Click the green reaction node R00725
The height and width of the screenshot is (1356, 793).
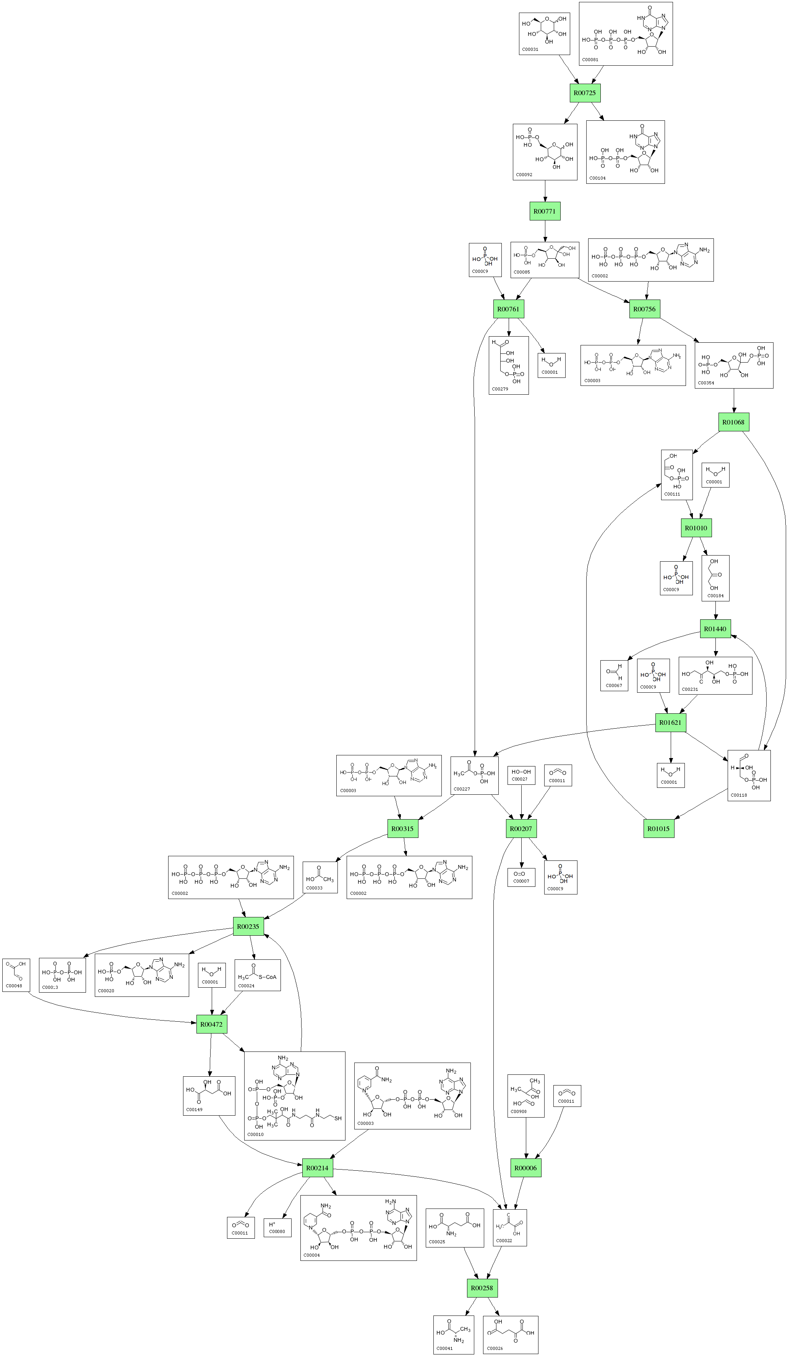point(585,93)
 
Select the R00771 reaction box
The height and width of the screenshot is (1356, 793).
point(545,211)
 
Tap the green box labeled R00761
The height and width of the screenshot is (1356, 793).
point(508,309)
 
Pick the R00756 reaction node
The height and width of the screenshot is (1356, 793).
point(644,309)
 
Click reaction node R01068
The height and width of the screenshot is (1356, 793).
point(733,423)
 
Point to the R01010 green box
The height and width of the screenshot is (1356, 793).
point(696,528)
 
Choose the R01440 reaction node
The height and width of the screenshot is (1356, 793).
point(715,629)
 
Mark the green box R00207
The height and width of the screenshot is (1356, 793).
point(521,829)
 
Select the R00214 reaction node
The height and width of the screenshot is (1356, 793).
point(317,1168)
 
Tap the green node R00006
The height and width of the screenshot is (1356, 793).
point(525,1168)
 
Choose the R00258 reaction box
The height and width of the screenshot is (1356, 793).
point(482,1288)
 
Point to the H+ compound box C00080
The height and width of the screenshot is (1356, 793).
point(277,1227)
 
